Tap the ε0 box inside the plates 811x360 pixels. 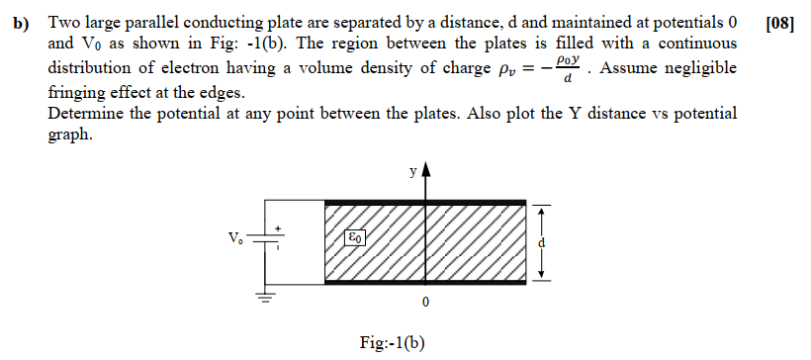355,237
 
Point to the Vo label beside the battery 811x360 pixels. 233,238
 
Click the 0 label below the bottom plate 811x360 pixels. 425,300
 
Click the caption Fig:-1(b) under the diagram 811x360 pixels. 393,343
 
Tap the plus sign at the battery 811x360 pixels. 280,227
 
